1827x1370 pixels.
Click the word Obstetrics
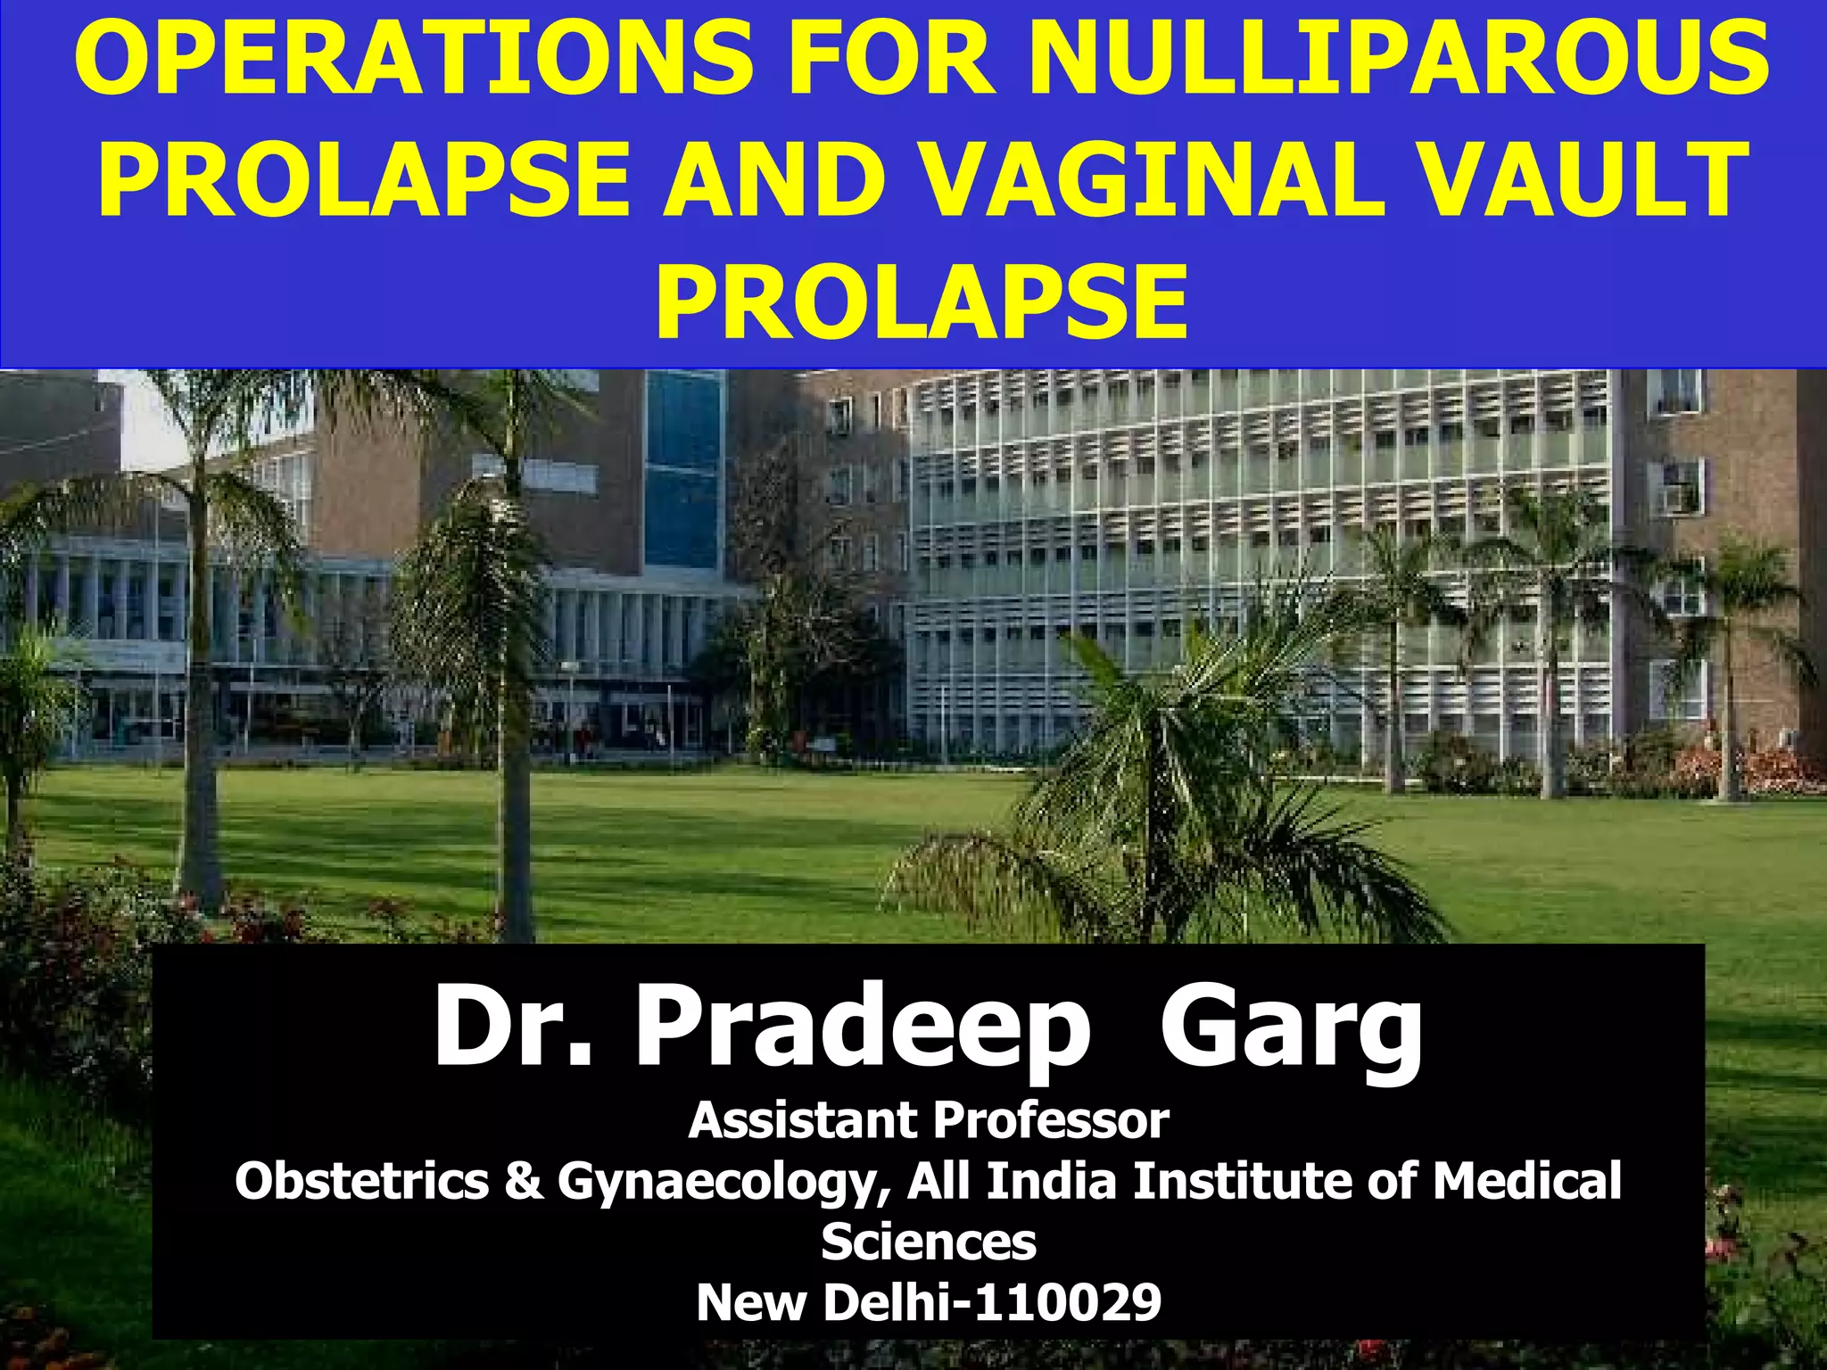point(361,1181)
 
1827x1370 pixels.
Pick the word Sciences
point(929,1242)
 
